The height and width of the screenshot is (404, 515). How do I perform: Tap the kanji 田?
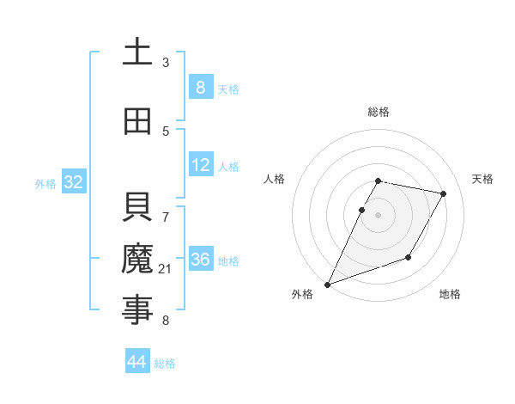coord(137,122)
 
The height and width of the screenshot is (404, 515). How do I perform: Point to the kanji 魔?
coord(137,259)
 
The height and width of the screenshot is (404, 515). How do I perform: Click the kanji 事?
coord(137,309)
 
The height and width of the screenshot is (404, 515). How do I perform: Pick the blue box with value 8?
coord(200,87)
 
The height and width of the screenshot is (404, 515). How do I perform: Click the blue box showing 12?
coord(200,164)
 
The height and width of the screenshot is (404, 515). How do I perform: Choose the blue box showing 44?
coord(136,362)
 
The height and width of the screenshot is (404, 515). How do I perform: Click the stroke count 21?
coord(166,270)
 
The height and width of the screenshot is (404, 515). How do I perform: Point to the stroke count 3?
coord(166,62)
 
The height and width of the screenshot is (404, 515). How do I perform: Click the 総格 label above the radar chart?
coord(379,112)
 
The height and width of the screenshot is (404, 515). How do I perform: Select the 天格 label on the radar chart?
coord(482,179)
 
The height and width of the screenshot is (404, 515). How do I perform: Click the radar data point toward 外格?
coord(327,285)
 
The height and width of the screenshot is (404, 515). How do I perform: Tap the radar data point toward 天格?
coord(444,194)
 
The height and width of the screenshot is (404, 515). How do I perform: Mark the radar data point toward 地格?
coord(409,257)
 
